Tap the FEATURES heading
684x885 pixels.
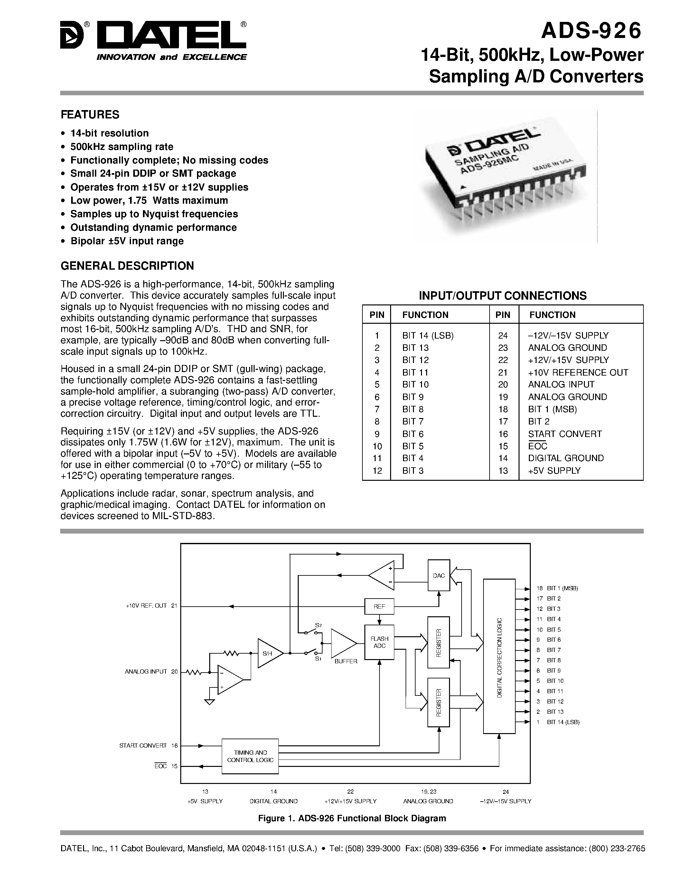pos(90,115)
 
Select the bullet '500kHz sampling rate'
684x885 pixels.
pos(122,147)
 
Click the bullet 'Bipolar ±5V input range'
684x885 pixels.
pos(127,241)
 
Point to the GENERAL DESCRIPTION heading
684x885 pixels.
pos(127,266)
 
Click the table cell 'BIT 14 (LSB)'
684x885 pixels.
pos(427,336)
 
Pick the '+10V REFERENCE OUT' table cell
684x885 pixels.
pos(578,372)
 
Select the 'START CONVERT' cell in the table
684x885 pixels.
pos(565,434)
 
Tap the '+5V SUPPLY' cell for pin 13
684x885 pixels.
pos(554,471)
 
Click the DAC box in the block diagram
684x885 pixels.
pos(438,576)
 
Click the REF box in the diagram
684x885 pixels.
pos(379,607)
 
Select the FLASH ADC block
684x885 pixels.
pos(379,642)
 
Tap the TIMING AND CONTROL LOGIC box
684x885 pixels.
pos(250,756)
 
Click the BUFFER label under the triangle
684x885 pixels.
pos(346,661)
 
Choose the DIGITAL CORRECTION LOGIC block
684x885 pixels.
pos(499,657)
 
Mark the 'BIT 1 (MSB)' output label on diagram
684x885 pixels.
pos(562,588)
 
